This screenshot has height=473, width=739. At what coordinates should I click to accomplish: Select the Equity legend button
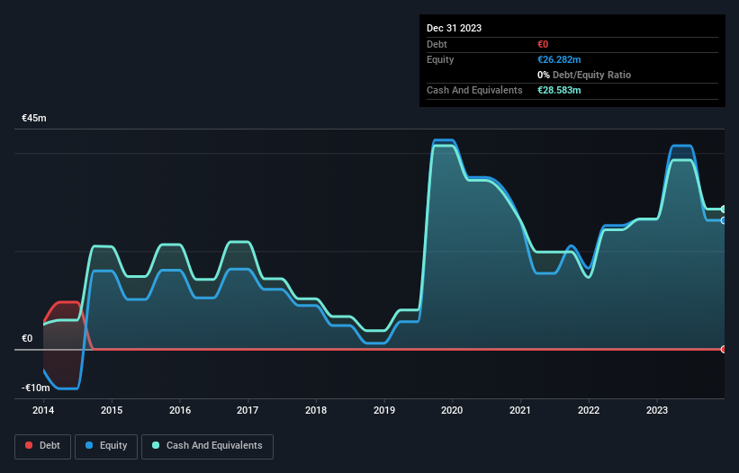106,445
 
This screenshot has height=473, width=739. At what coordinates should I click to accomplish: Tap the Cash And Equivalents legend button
207,445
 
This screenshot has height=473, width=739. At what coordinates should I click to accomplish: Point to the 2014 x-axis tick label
44,411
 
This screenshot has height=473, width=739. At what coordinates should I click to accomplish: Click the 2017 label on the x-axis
248,411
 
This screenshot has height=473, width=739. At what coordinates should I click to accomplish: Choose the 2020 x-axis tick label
453,411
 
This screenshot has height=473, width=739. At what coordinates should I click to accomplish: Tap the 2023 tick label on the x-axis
657,411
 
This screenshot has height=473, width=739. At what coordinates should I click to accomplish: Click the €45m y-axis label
34,118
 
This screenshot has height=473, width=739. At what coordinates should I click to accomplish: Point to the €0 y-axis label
27,338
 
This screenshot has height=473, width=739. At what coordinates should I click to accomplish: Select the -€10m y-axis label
36,388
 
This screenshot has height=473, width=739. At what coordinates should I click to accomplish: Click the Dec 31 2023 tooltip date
454,28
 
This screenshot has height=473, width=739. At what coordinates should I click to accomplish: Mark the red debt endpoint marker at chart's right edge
724,349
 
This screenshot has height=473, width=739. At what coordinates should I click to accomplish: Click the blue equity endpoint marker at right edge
724,220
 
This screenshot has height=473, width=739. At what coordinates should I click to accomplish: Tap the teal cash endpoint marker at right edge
724,210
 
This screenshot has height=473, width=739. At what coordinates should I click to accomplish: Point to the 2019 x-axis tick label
384,411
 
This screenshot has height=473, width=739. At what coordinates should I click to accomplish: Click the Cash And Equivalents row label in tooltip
474,90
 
